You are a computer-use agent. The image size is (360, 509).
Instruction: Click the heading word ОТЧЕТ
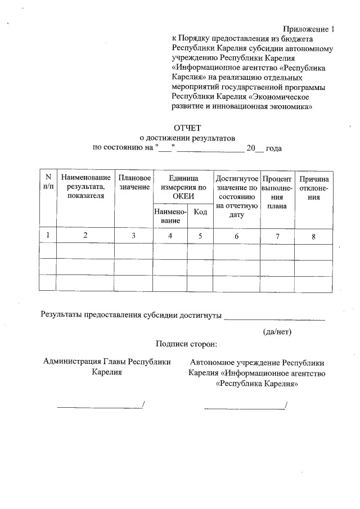coord(187,128)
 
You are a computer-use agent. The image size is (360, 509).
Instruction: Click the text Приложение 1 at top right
coord(308,29)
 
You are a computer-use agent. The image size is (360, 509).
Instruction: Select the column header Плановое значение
coord(134,182)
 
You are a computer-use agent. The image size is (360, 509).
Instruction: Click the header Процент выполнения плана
coord(277,192)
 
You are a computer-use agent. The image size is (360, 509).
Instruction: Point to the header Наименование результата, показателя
coord(85,187)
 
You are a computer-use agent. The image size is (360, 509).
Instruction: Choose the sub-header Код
coord(200,212)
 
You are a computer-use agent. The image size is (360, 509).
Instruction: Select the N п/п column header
coord(48,182)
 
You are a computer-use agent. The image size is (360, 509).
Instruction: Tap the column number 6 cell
coord(237,236)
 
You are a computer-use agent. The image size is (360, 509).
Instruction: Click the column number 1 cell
coord(48,236)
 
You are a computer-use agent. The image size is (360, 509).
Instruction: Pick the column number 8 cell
coord(313,236)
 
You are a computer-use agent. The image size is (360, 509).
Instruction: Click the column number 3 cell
coord(134,236)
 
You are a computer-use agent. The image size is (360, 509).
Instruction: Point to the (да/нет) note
coord(277,331)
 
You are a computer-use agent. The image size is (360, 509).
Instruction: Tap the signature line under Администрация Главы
coord(100,406)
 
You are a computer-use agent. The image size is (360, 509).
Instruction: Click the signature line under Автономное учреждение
coord(245,406)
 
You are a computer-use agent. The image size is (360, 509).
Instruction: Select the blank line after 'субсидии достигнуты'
coord(274,319)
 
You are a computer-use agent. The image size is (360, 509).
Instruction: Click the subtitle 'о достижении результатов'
coord(187,138)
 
